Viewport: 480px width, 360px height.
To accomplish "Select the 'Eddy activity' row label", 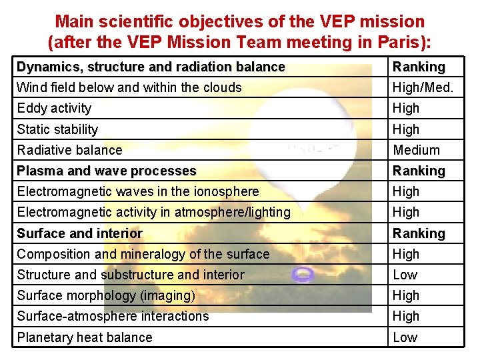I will click(54, 108).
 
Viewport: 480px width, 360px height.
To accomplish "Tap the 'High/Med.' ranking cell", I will click(423, 87).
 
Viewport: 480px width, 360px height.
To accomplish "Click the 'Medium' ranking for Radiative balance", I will click(417, 150).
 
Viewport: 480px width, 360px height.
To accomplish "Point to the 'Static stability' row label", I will click(57, 129).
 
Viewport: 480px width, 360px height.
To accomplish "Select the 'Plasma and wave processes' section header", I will click(107, 171).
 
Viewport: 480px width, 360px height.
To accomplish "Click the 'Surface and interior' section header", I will click(80, 233).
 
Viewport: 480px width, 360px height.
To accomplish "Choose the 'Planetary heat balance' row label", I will click(85, 337).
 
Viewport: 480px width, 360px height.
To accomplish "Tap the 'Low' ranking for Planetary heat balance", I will click(405, 337).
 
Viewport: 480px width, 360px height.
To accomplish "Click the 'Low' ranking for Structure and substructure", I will click(405, 275).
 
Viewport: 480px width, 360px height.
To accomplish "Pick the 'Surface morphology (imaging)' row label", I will click(106, 295).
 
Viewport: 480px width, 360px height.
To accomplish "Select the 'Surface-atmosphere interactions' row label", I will click(113, 316).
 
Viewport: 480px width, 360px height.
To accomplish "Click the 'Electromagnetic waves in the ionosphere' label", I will click(138, 191).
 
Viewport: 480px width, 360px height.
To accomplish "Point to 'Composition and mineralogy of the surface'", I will click(143, 254).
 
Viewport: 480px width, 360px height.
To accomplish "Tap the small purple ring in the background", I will click(304, 273).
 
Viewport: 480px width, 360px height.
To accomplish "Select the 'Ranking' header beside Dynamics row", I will click(419, 67).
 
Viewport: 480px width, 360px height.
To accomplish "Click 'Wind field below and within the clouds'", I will click(129, 87).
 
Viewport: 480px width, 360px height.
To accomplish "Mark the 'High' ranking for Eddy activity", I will click(406, 108).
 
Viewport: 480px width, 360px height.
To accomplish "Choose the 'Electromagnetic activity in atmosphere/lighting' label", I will click(153, 212).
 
